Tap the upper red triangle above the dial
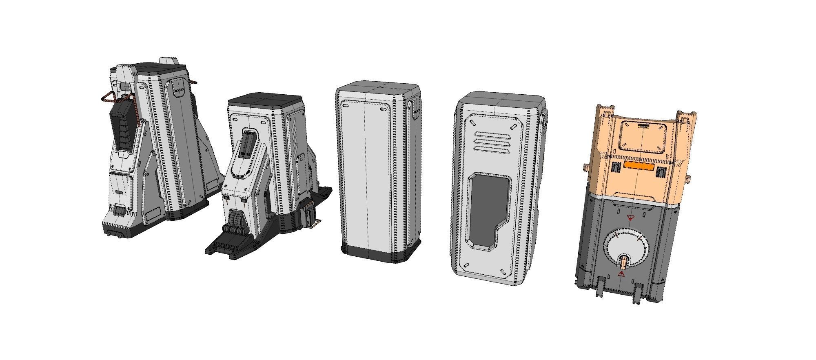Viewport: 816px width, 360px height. click(630, 218)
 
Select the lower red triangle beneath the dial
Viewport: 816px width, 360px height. click(621, 274)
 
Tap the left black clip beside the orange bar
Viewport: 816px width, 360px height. click(616, 167)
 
